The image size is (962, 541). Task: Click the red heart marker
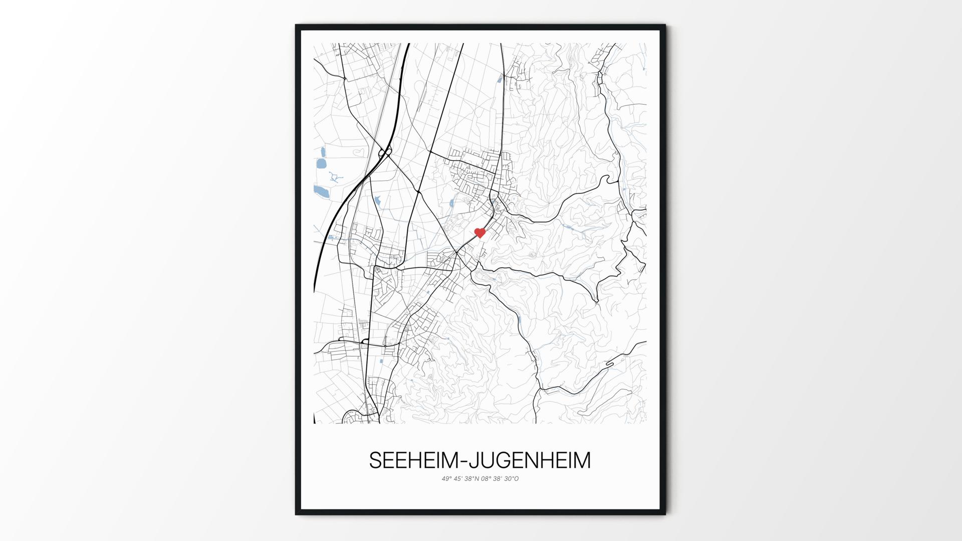point(480,232)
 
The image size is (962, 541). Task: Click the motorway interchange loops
point(385,152)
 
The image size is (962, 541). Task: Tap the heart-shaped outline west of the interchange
point(359,150)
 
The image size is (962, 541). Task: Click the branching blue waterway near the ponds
point(335,177)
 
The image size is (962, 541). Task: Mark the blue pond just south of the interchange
point(377,202)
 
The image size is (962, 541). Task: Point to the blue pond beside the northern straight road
point(500,78)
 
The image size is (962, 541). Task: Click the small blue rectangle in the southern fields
point(381,361)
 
